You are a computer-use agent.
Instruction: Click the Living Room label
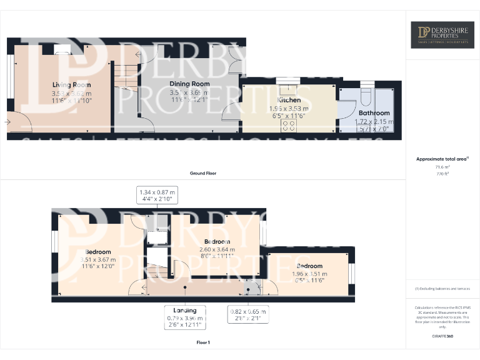coord(71,84)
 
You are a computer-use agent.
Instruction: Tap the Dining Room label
coord(189,83)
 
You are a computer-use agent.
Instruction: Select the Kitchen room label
coord(289,100)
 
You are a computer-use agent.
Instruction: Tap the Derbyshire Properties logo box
coord(442,35)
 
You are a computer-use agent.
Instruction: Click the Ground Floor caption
coord(203,173)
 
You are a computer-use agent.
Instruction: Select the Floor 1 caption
coord(202,342)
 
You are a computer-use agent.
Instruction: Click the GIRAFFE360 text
coord(442,337)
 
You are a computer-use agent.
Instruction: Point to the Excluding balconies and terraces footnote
coord(442,288)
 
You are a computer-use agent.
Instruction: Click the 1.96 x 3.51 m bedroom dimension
coord(310,273)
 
